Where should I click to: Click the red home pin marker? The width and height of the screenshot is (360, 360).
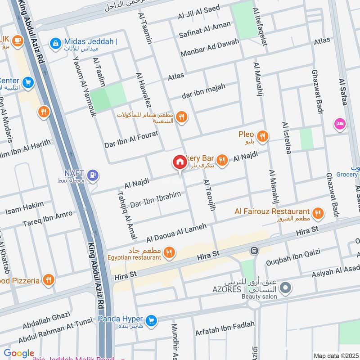(180, 162)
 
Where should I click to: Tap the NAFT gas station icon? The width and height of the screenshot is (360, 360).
(93, 175)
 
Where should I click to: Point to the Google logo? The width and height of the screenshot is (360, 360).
(19, 353)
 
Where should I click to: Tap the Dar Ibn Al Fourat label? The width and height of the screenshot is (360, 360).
(131, 139)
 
